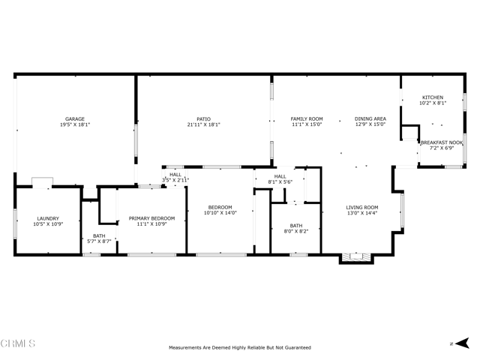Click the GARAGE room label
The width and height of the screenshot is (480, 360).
[74, 118]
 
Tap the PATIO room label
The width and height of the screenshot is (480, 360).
[203, 118]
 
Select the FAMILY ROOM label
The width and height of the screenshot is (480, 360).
[307, 118]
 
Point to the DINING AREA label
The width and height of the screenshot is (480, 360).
[370, 118]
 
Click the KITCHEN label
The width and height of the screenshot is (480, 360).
[433, 97]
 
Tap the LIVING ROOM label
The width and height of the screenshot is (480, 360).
[362, 207]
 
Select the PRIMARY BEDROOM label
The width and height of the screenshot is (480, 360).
[151, 218]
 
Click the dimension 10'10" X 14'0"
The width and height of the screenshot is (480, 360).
[220, 213]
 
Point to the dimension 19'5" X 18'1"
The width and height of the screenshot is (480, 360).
[74, 124]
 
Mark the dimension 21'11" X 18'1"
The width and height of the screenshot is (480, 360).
[203, 124]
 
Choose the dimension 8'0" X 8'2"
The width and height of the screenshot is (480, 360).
[296, 231]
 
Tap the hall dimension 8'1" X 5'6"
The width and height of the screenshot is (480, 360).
[280, 182]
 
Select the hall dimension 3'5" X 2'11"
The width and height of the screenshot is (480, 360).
[175, 180]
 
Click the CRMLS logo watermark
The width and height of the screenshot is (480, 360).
[18, 343]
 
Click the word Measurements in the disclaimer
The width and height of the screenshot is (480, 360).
[186, 348]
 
